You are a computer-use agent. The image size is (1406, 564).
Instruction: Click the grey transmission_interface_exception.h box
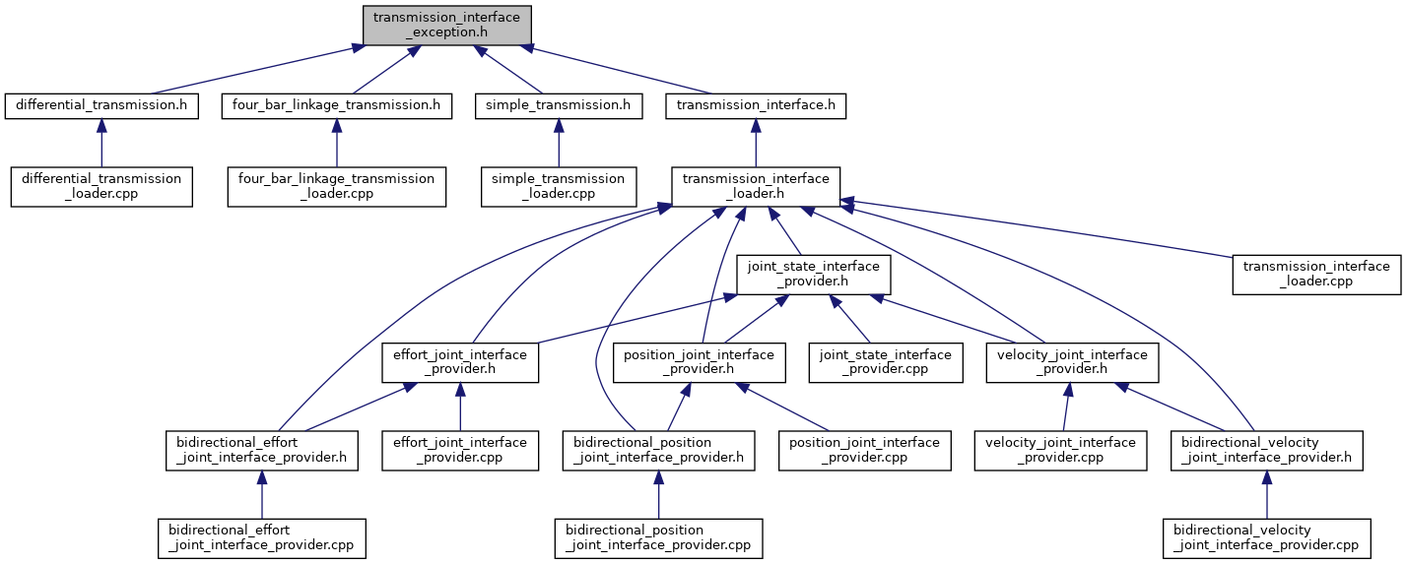(x=447, y=25)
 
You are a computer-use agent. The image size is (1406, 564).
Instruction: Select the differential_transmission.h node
(x=100, y=105)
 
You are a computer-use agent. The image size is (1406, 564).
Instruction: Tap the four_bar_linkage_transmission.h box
(x=336, y=105)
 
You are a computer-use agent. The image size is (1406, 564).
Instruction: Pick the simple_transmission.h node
(x=558, y=105)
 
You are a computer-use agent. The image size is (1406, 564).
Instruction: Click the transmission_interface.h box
(x=756, y=105)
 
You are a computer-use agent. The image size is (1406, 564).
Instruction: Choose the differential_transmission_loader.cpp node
(x=100, y=186)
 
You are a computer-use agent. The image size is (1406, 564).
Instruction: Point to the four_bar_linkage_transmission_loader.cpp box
(x=336, y=186)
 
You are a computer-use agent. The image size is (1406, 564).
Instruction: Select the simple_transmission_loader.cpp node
(x=558, y=186)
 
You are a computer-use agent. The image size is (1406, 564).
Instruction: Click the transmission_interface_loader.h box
(x=756, y=186)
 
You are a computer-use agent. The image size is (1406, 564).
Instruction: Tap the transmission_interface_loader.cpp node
(x=1315, y=274)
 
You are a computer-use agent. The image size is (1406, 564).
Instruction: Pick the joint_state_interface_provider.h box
(x=814, y=274)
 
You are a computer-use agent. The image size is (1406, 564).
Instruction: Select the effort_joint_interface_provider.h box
(x=460, y=362)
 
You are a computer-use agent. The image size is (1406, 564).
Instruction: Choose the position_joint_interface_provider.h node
(x=699, y=362)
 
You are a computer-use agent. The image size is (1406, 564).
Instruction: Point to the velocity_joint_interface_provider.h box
(x=1072, y=362)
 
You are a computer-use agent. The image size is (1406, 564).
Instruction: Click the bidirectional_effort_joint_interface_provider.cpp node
(x=261, y=537)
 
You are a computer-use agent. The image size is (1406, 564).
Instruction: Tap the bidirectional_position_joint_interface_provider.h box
(x=658, y=450)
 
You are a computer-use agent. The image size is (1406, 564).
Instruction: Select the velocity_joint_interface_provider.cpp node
(x=1060, y=450)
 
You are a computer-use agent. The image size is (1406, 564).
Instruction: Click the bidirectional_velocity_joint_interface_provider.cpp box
(x=1266, y=537)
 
